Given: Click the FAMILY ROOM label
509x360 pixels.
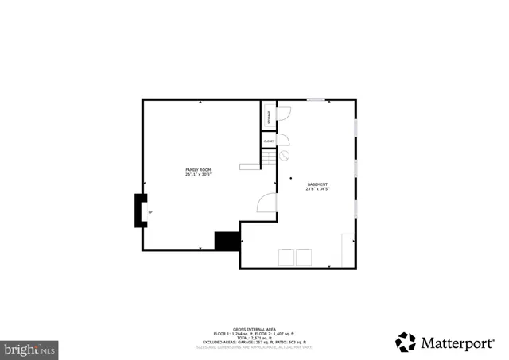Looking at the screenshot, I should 198,170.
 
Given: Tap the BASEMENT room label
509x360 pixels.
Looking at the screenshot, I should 317,185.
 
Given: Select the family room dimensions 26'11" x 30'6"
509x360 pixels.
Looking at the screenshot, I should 198,175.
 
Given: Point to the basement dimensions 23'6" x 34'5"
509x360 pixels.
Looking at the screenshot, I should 317,190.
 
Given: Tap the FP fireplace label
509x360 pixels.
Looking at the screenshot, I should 150,212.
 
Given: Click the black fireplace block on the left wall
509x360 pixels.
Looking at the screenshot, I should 140,211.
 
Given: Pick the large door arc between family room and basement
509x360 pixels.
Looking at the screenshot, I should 267,203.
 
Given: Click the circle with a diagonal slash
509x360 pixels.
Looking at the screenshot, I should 284,156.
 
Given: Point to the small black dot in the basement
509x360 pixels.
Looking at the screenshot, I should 290,178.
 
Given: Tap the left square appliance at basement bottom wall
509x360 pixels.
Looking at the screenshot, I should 286,257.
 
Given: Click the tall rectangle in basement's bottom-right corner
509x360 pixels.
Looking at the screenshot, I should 348,250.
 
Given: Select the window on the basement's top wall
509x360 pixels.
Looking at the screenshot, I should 316,99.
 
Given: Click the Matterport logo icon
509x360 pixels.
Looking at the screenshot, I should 406,342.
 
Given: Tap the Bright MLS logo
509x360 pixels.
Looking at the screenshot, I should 30,348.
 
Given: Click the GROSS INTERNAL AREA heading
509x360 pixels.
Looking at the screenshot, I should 254,329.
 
